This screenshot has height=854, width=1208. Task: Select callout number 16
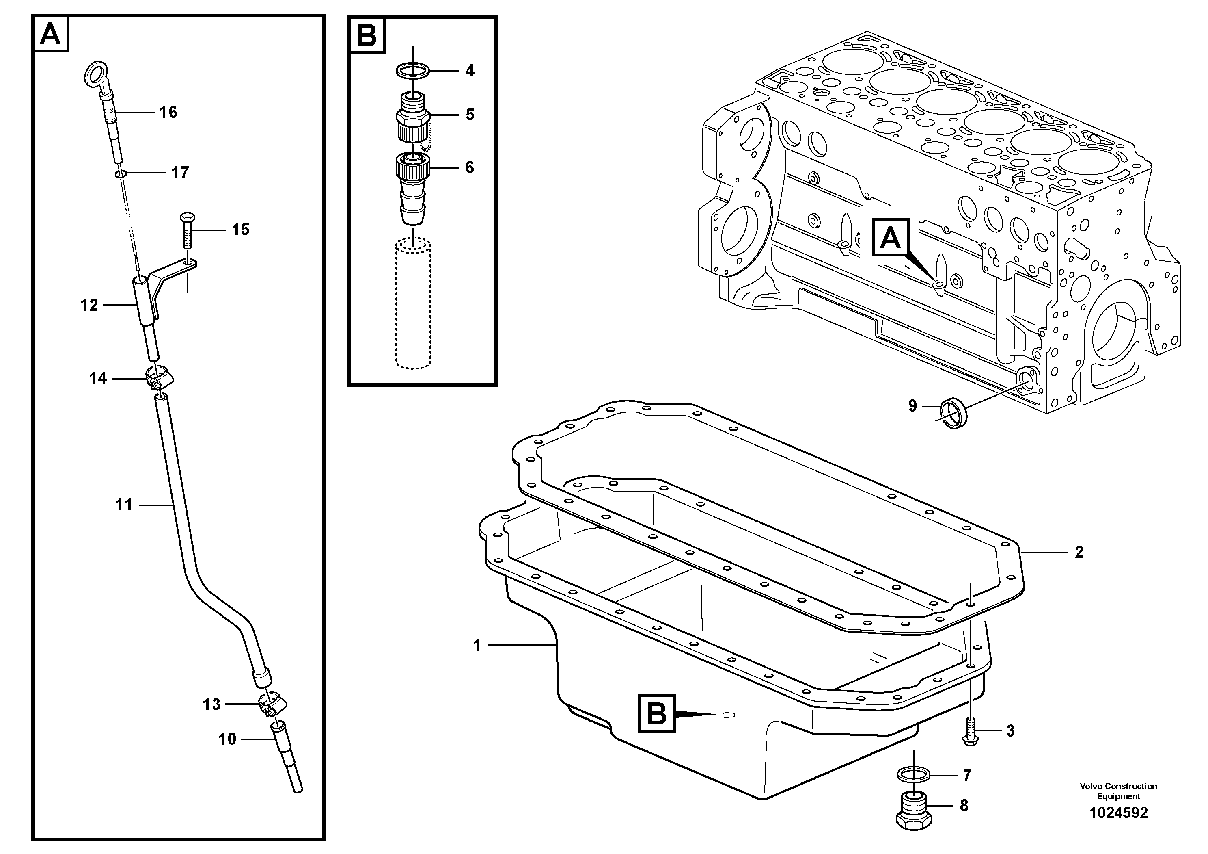point(168,112)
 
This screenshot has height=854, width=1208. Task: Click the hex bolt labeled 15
point(187,232)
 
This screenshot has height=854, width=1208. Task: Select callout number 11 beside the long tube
point(124,505)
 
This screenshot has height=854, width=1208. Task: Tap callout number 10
point(227,739)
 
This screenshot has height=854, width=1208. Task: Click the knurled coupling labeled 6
point(412,167)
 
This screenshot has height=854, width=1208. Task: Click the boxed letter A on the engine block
point(890,238)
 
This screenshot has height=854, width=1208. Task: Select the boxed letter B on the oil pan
point(656,714)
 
